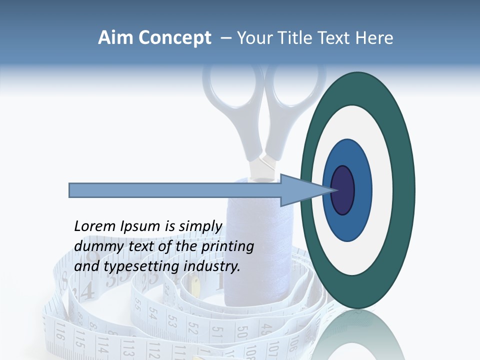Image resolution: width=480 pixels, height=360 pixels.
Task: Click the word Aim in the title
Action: [115, 38]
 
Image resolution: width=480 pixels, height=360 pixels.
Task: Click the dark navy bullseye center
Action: [343, 190]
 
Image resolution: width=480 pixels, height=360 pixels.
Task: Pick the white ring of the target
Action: [385, 190]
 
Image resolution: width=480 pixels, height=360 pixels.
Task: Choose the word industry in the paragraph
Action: [212, 266]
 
